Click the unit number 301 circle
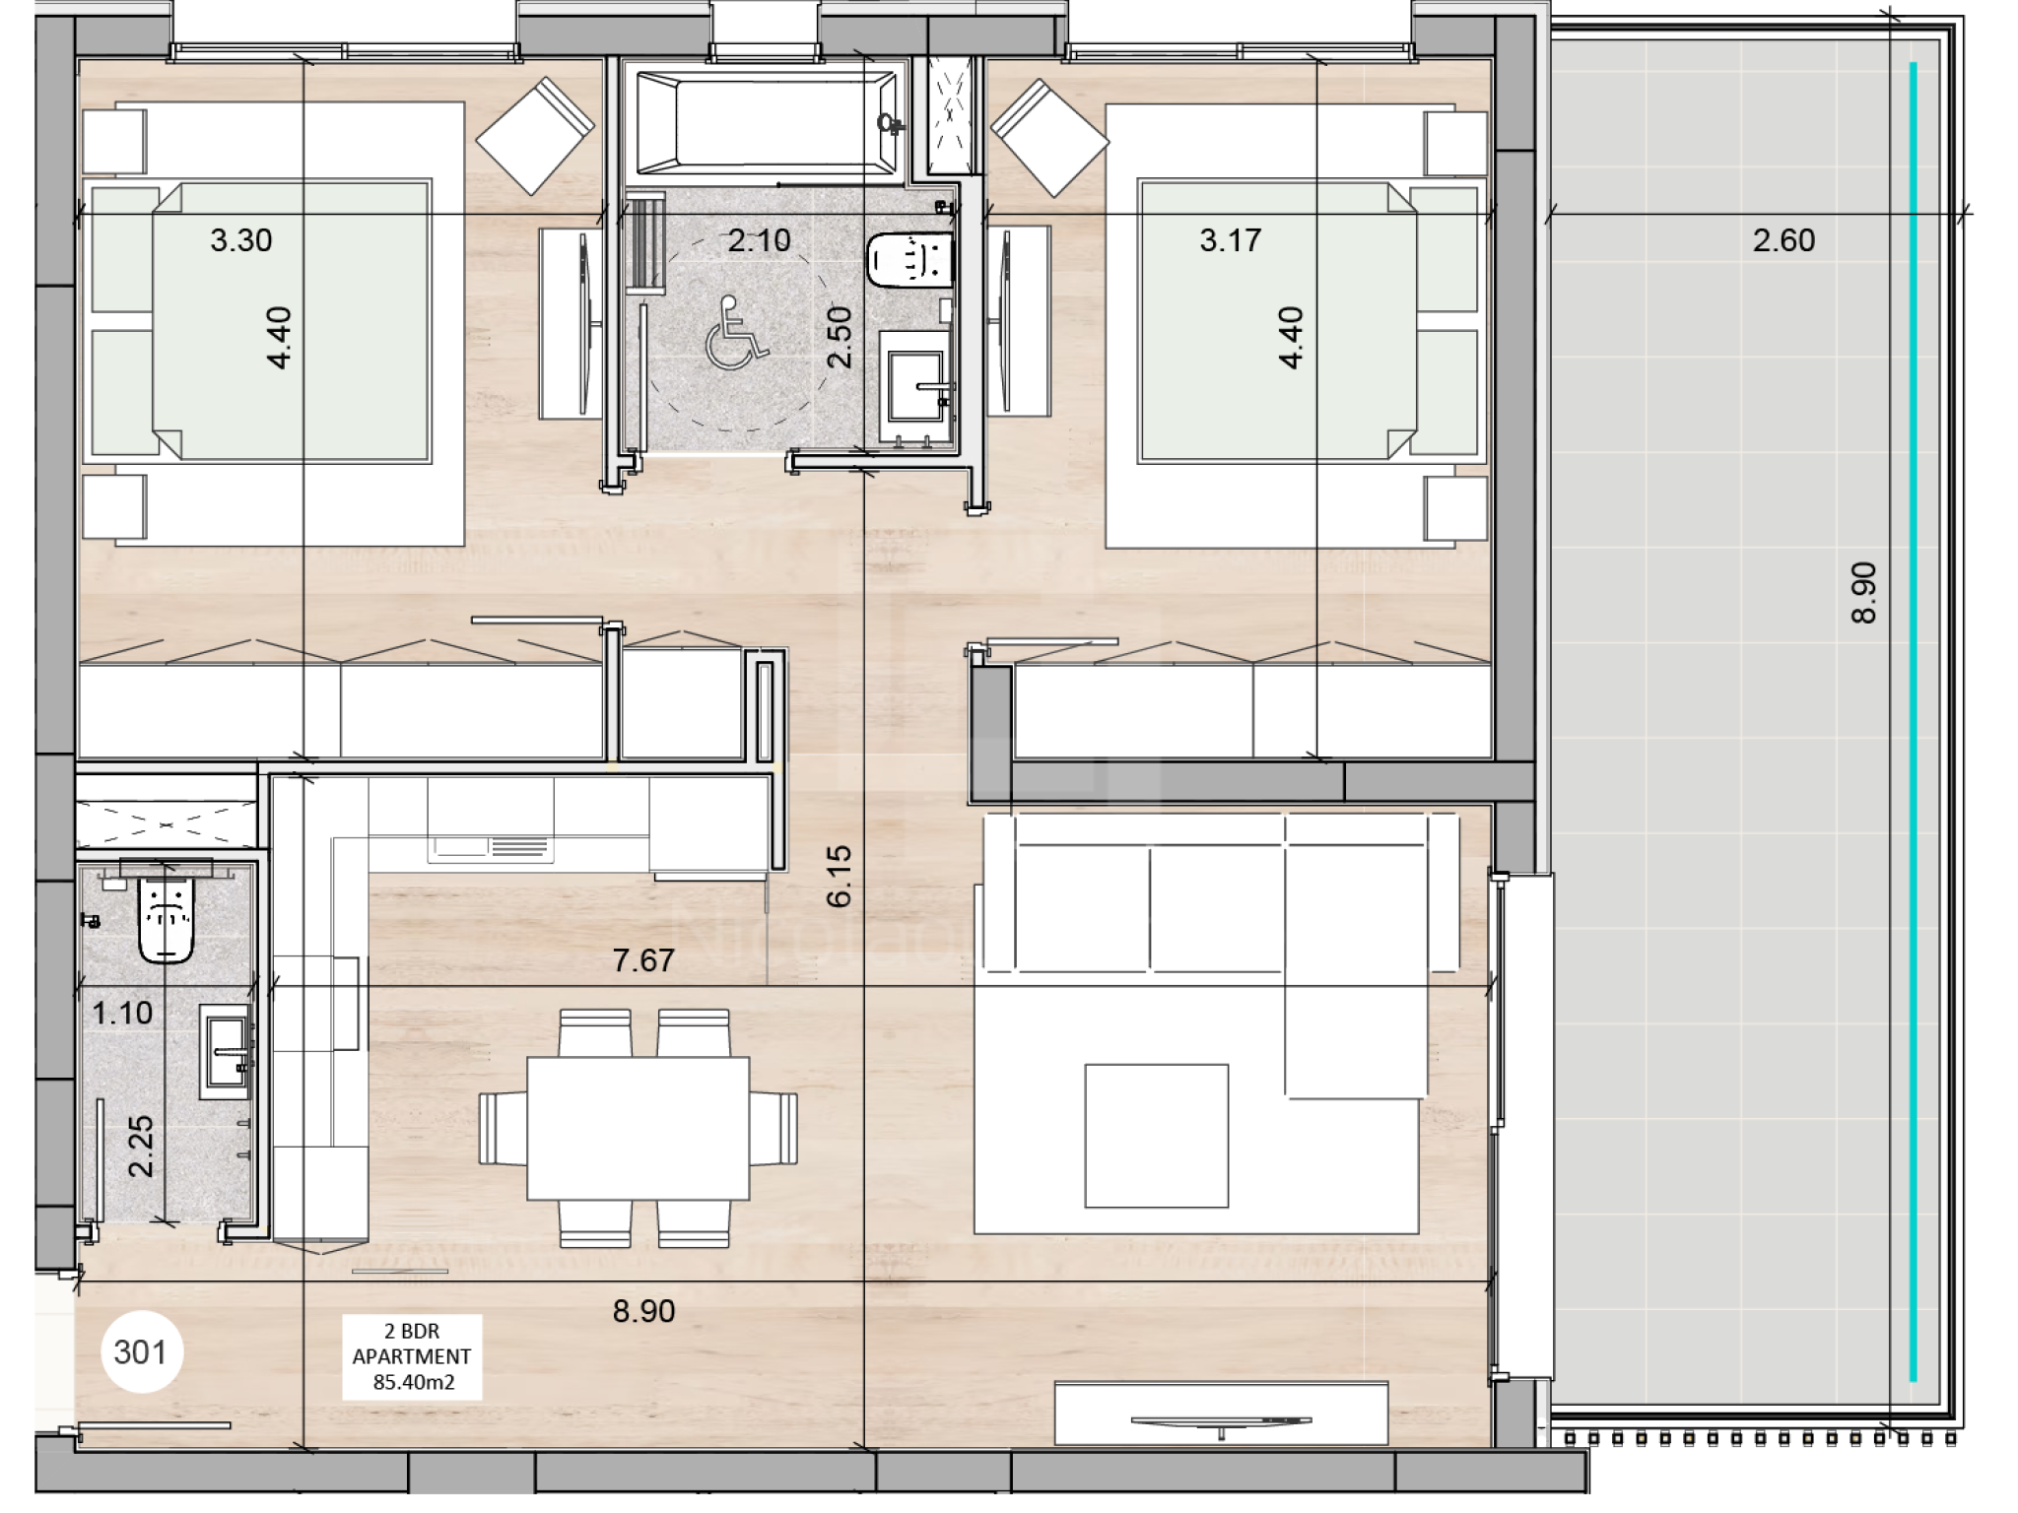point(141,1351)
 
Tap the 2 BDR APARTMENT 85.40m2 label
point(413,1356)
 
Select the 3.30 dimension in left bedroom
point(241,240)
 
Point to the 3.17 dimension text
point(1231,240)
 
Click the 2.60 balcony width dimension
point(1783,240)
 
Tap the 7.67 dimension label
point(643,960)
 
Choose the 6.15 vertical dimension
point(839,876)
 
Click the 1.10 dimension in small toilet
point(122,1013)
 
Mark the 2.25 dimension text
point(141,1147)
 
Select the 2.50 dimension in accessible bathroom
point(839,337)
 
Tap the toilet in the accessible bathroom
point(909,260)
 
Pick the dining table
point(638,1128)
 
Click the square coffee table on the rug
point(1157,1136)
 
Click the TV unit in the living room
point(1222,1414)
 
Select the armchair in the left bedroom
point(536,136)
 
